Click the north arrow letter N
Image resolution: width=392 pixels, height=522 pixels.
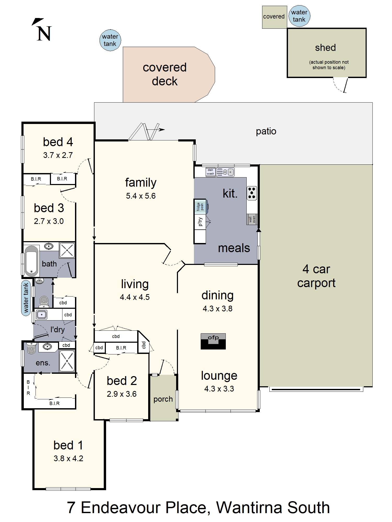(44, 34)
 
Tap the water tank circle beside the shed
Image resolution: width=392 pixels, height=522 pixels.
(299, 16)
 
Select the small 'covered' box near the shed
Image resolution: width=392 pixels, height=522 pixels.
(274, 17)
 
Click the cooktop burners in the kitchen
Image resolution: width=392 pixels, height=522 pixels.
(252, 193)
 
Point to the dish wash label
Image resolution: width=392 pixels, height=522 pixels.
(210, 172)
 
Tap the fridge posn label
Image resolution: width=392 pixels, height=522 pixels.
(200, 207)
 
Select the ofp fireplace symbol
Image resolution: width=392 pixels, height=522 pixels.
(213, 341)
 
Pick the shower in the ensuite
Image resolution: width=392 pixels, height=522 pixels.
(67, 361)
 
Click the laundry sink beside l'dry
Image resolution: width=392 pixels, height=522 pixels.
(42, 315)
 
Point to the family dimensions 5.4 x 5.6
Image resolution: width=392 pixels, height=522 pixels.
(141, 196)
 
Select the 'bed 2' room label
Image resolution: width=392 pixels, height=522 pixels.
(122, 381)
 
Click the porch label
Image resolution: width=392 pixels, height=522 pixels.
(163, 399)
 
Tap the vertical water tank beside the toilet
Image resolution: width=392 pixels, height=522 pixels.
(26, 298)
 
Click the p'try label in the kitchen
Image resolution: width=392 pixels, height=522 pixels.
(200, 222)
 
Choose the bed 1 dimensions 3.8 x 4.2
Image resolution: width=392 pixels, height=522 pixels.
(68, 458)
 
